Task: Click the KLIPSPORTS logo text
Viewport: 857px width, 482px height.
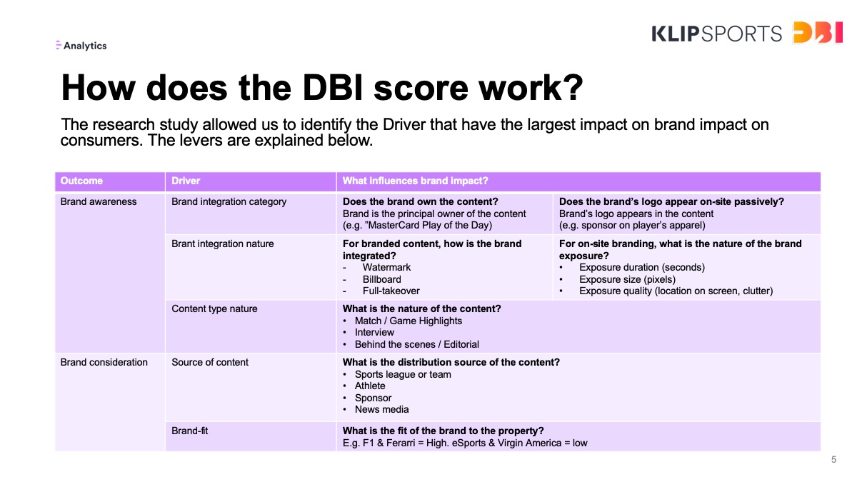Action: coord(716,34)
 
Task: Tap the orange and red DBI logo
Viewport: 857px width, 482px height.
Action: coord(818,32)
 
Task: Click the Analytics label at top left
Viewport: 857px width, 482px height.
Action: coord(81,46)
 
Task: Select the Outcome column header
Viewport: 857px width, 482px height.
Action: coord(81,181)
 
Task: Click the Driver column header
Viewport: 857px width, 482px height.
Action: coord(186,181)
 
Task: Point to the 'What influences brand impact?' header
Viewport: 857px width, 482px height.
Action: coord(415,181)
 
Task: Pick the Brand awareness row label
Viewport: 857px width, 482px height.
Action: coord(99,201)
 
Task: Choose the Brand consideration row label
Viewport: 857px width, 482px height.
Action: coord(104,362)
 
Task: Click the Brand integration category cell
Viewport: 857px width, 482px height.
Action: coord(229,201)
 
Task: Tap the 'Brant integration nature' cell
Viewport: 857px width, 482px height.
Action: coord(222,243)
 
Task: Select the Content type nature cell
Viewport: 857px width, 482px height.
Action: coord(214,308)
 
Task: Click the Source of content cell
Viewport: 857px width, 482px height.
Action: coord(210,362)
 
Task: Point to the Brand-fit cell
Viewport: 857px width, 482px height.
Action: coord(189,431)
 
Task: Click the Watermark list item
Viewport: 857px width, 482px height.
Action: coord(386,267)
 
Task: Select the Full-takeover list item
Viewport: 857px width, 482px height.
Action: coord(391,291)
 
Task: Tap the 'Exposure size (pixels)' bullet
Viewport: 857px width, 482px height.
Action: coord(627,279)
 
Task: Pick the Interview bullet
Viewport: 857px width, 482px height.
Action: coord(374,333)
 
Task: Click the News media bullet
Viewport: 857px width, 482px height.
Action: coord(381,409)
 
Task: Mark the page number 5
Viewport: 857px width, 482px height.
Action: coord(833,459)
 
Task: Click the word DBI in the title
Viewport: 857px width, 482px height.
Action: coord(332,88)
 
